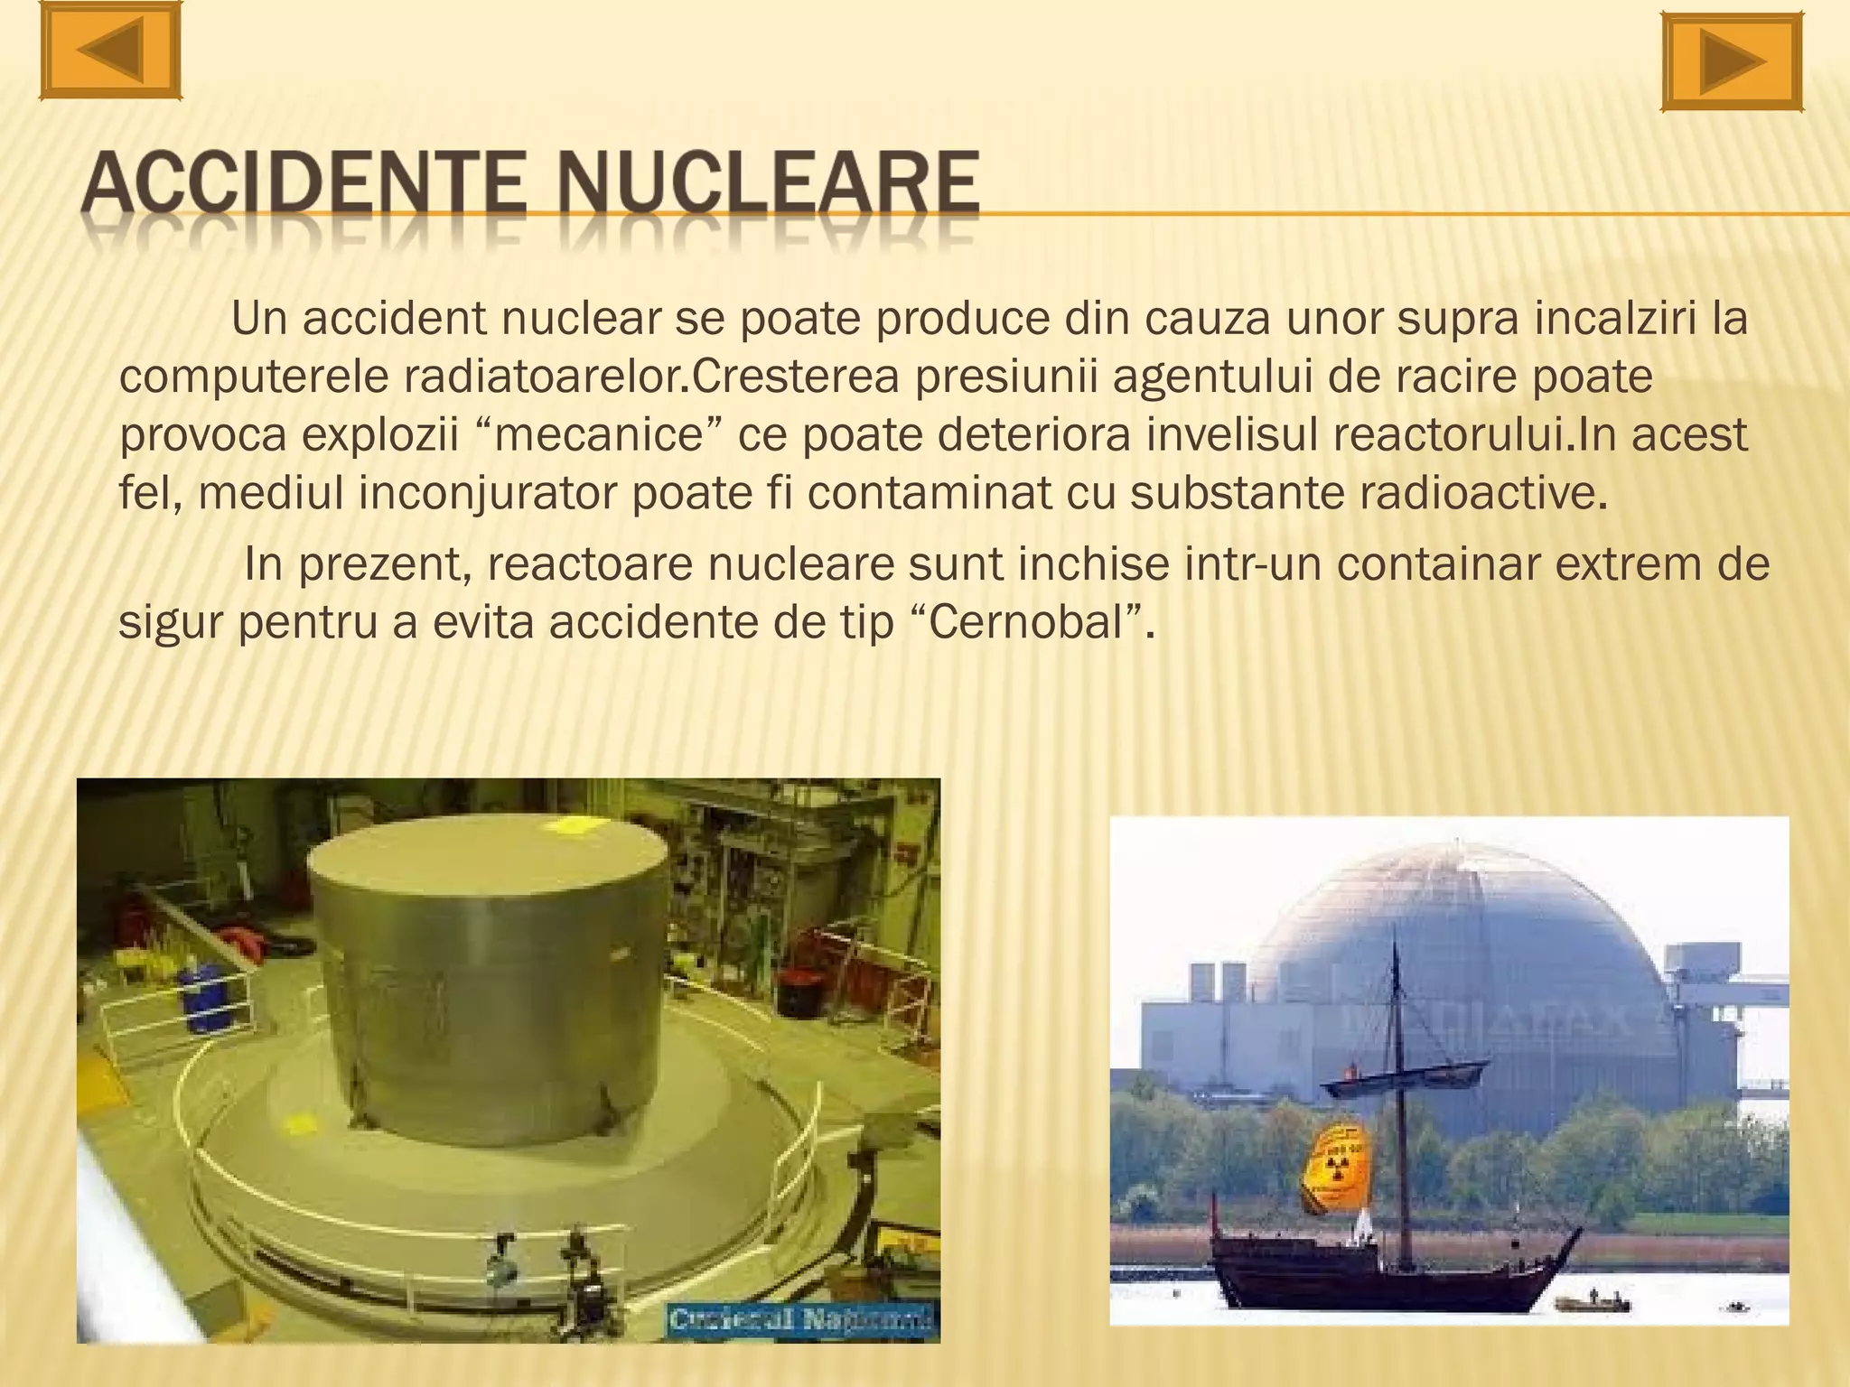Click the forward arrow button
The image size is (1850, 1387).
(1733, 62)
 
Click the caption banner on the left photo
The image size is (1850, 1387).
(802, 1319)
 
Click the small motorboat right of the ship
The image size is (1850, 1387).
(1593, 1303)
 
